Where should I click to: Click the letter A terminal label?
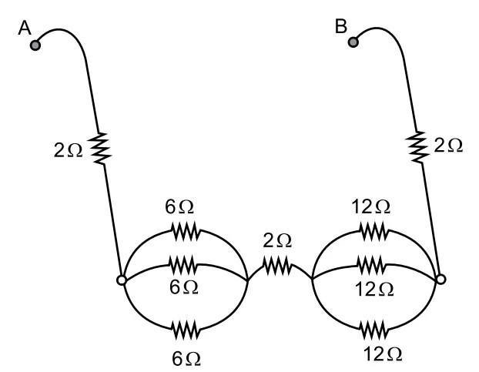25,28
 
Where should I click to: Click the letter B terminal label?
341,26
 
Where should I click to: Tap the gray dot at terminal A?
35,45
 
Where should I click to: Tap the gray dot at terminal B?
353,42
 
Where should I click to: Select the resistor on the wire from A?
99,149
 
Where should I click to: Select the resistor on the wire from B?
417,147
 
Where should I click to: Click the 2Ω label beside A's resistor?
68,151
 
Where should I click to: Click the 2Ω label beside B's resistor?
448,146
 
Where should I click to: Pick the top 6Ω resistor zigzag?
186,232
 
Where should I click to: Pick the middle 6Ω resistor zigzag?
183,265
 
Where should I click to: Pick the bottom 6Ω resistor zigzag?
186,330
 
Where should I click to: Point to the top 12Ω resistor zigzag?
374,232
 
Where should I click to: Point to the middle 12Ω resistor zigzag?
371,265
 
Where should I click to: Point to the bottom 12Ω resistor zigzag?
374,330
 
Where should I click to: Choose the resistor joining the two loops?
277,266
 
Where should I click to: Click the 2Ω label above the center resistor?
277,240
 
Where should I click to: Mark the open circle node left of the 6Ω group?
122,280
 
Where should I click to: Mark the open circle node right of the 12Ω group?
440,279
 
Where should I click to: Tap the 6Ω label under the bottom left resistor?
186,359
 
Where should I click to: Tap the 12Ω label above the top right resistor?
371,206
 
